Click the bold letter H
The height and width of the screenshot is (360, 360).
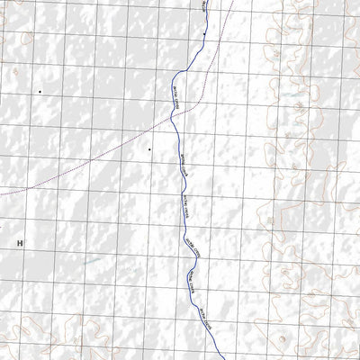tap(18, 243)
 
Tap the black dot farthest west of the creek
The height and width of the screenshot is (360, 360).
tap(40, 92)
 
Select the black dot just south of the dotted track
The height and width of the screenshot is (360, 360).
tap(149, 148)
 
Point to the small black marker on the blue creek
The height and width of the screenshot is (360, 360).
tap(205, 34)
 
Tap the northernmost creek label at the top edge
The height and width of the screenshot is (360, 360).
tap(204, 4)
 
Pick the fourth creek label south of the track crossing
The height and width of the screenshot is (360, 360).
tap(197, 283)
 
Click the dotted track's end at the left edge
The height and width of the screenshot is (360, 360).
tap(2, 191)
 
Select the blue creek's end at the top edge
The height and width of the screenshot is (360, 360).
tap(205, 1)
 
